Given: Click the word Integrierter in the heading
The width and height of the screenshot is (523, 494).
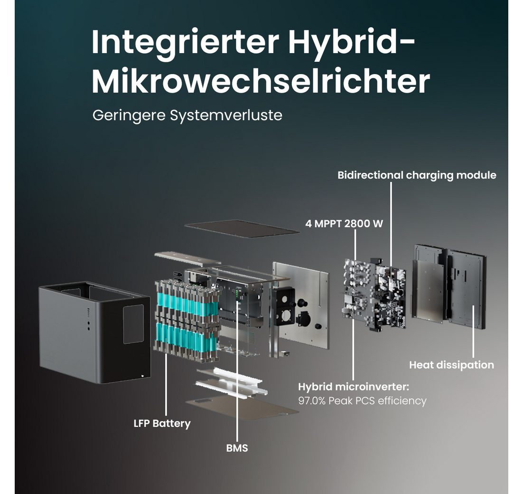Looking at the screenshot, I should click(185, 42).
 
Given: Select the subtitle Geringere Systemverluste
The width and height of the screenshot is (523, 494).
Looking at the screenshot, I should click(187, 115).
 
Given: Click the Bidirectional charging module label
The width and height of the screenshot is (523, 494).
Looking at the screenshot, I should click(417, 175).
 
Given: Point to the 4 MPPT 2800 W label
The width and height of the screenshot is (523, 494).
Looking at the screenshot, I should click(344, 224).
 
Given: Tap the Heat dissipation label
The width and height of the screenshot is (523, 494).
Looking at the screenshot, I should click(451, 365).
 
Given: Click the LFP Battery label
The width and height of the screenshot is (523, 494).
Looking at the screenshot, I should click(162, 423).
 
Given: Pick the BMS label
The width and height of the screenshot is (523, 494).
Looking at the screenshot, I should click(237, 448).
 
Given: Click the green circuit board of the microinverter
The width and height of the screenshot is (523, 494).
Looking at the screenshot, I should click(375, 294).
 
